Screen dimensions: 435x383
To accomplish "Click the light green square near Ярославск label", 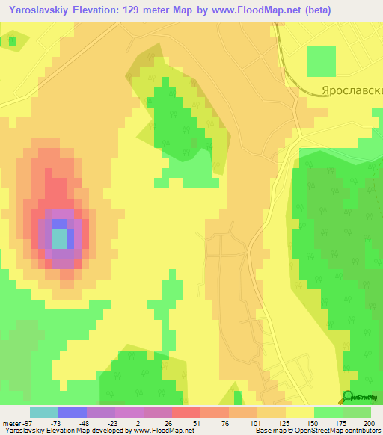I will pyautogui.click(x=322, y=61).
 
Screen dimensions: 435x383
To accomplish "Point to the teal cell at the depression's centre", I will pyautogui.click(x=59, y=238).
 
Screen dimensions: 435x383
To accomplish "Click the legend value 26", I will pyautogui.click(x=168, y=422).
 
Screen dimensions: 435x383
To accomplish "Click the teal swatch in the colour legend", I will pyautogui.click(x=43, y=412).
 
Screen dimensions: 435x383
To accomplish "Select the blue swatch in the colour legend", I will pyautogui.click(x=72, y=412).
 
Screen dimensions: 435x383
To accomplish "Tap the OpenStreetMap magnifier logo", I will pyautogui.click(x=348, y=397).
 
